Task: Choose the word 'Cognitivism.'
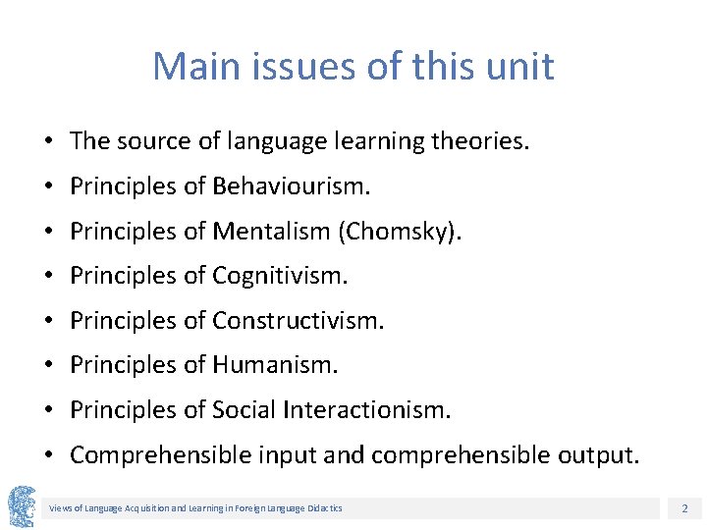pyautogui.click(x=280, y=277)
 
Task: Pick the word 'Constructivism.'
pyautogui.click(x=299, y=321)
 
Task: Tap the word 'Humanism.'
pyautogui.click(x=275, y=366)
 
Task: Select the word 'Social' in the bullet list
pyautogui.click(x=244, y=410)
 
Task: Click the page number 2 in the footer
pyautogui.click(x=683, y=508)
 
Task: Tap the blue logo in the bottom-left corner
pyautogui.click(x=22, y=506)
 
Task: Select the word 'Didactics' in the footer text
pyautogui.click(x=324, y=508)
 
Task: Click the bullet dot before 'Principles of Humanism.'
pyautogui.click(x=48, y=366)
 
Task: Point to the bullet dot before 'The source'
pyautogui.click(x=48, y=142)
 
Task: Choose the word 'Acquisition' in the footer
pyautogui.click(x=144, y=508)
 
